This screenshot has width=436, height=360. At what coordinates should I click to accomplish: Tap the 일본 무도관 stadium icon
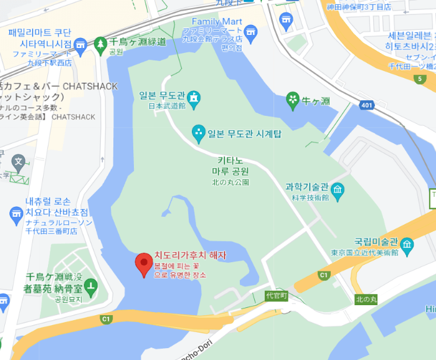click(195, 97)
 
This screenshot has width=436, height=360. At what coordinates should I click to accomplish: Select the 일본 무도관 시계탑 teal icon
click(198, 132)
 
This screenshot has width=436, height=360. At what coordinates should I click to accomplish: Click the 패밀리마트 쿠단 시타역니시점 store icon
click(80, 45)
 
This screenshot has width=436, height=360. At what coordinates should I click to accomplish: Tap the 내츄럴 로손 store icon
click(16, 216)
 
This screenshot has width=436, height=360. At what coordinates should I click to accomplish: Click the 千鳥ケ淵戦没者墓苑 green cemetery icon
click(92, 287)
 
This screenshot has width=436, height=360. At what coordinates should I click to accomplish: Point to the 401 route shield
click(367, 105)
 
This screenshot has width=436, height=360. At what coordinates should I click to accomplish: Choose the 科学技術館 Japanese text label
click(306, 198)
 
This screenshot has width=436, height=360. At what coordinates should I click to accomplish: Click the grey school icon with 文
click(19, 164)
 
